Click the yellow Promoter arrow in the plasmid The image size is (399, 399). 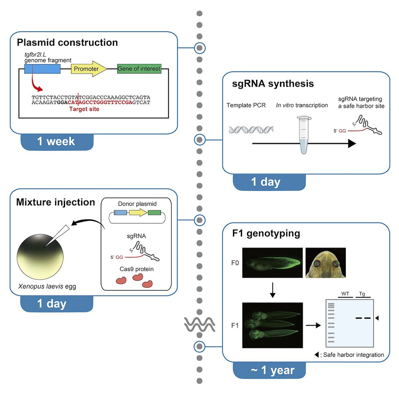click(x=89, y=69)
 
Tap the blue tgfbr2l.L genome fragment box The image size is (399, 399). click(x=42, y=69)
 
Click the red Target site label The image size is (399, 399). click(x=85, y=108)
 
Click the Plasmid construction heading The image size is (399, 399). click(x=67, y=42)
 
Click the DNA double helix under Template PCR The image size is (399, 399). click(x=251, y=130)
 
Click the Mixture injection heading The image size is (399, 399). click(x=55, y=202)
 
